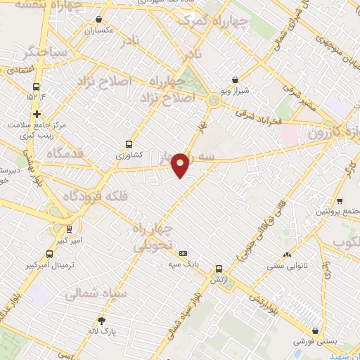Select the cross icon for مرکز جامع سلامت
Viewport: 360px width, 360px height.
point(37,114)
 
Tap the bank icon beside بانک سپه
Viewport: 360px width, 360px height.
point(184,253)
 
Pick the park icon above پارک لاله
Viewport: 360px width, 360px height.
point(103,320)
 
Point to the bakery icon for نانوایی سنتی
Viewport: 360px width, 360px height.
point(285,255)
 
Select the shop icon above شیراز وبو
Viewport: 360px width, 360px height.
point(234,81)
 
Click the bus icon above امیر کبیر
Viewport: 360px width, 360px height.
point(69,229)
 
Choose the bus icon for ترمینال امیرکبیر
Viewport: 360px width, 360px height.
point(49,254)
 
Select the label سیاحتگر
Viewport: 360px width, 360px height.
point(44,52)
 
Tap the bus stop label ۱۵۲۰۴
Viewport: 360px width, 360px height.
point(37,96)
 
